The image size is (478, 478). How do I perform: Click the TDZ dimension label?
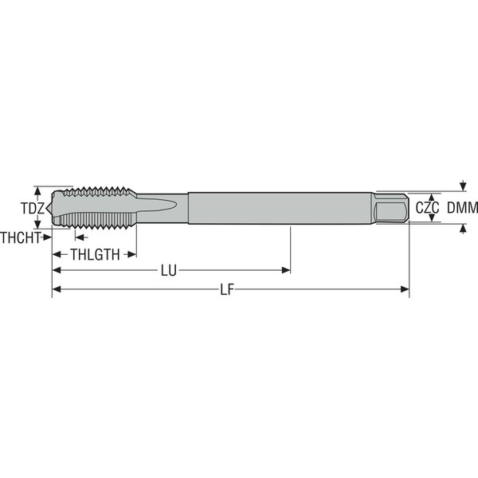pos(33,208)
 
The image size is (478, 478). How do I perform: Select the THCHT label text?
pos(21,237)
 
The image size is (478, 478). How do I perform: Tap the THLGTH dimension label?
pos(95,255)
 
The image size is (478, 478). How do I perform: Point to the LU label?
pos(169,270)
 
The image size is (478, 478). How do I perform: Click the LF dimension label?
pos(227,290)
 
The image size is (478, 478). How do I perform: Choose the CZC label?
pos(427,208)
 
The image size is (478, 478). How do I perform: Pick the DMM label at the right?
pos(462,208)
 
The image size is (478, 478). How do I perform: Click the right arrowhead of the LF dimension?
pos(405,289)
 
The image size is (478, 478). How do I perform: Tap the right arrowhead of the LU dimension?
pos(286,270)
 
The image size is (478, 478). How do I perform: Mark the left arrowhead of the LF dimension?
pos(57,289)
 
